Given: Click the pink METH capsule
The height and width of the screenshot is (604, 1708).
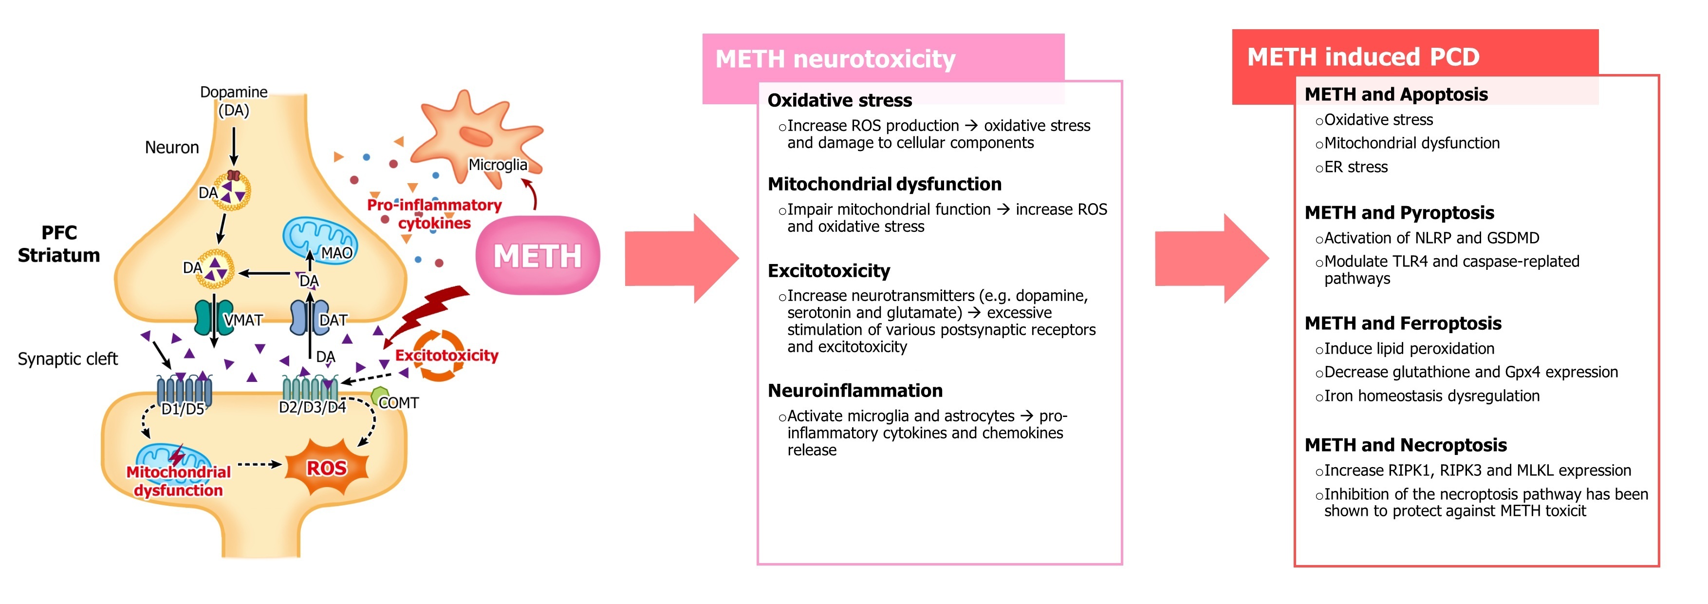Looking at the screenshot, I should pyautogui.click(x=538, y=256).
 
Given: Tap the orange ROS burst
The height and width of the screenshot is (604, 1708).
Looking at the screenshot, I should pyautogui.click(x=326, y=468).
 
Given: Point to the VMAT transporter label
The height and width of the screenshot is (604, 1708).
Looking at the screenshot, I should pyautogui.click(x=243, y=320).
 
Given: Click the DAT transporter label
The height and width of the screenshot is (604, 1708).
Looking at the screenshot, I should pyautogui.click(x=333, y=320).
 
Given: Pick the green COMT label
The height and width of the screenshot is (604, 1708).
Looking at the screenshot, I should pyautogui.click(x=398, y=402).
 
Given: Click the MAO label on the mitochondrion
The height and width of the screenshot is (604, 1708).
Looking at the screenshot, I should pyautogui.click(x=337, y=253).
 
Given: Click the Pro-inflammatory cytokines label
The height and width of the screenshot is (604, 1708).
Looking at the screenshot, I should pyautogui.click(x=434, y=213).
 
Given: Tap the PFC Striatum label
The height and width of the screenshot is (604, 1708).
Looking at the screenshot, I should pyautogui.click(x=59, y=244).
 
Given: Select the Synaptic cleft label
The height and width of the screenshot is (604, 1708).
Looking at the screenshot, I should pyautogui.click(x=68, y=359).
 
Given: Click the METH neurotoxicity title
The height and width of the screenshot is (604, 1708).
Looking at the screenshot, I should pyautogui.click(x=835, y=59).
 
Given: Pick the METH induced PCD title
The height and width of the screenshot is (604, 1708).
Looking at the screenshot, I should pyautogui.click(x=1363, y=57).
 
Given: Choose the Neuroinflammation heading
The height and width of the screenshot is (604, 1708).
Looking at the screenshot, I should pyautogui.click(x=854, y=391).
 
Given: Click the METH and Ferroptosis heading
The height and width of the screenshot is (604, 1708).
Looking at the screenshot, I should pyautogui.click(x=1402, y=323).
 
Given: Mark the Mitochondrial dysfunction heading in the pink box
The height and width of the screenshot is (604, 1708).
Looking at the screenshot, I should pyautogui.click(x=884, y=184).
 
